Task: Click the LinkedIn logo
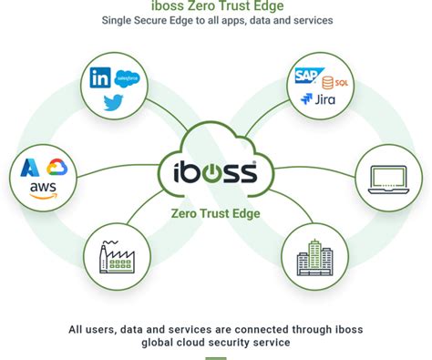[x=100, y=78]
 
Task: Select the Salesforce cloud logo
[x=126, y=79]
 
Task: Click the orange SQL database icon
[x=331, y=80]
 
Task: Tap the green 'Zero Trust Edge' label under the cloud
[x=215, y=214]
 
